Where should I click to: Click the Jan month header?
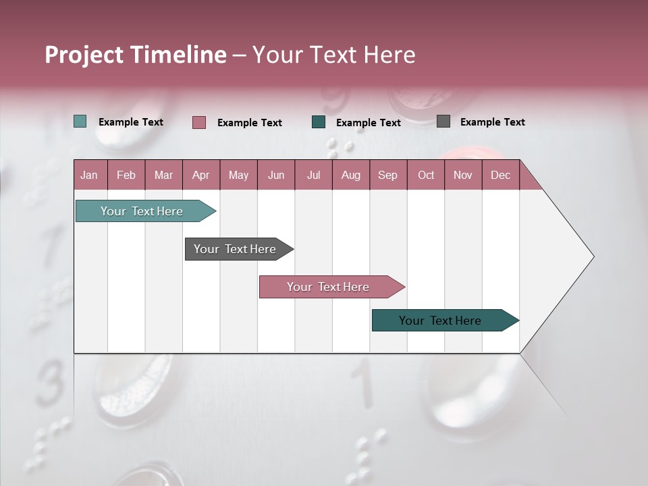[x=90, y=175]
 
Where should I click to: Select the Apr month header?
[x=201, y=175]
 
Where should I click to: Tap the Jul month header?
[x=313, y=175]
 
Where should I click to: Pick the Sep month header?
[x=388, y=175]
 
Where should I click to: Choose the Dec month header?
[x=500, y=175]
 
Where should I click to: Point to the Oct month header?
[x=426, y=175]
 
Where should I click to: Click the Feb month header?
[x=126, y=175]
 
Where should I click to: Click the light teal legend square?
[x=80, y=122]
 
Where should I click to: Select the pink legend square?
[x=199, y=122]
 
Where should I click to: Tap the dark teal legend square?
[x=319, y=122]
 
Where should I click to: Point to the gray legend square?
[x=443, y=122]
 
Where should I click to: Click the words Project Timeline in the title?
[x=136, y=55]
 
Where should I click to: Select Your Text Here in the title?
[x=333, y=55]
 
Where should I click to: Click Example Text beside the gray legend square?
[x=492, y=122]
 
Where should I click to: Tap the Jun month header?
[x=276, y=175]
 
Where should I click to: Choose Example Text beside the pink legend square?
[x=249, y=123]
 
